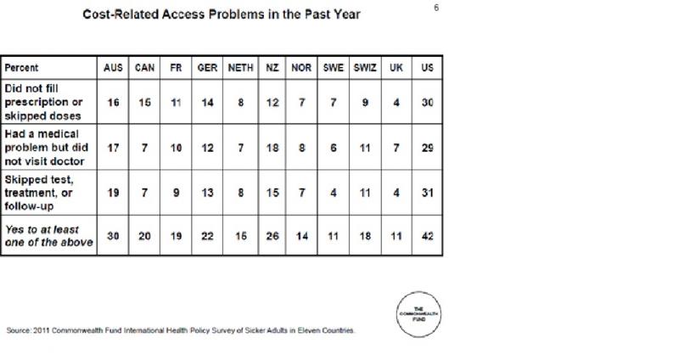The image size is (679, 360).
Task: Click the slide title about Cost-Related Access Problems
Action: coord(221,14)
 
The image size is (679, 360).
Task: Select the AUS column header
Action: coord(113,67)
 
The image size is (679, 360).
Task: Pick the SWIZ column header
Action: coord(364,67)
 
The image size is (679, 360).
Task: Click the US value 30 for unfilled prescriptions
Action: coord(427,101)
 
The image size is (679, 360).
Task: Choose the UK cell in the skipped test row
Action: coord(396,193)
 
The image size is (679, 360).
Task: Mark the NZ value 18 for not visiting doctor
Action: coord(272,147)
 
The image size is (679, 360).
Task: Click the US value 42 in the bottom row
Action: coord(427,235)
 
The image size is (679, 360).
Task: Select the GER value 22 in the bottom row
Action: coord(206,235)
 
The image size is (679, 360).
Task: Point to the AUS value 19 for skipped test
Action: coord(113,193)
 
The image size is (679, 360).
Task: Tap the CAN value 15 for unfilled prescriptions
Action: coord(144,101)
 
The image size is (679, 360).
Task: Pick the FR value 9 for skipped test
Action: coord(176,193)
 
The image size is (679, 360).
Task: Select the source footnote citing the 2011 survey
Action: coord(180,331)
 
